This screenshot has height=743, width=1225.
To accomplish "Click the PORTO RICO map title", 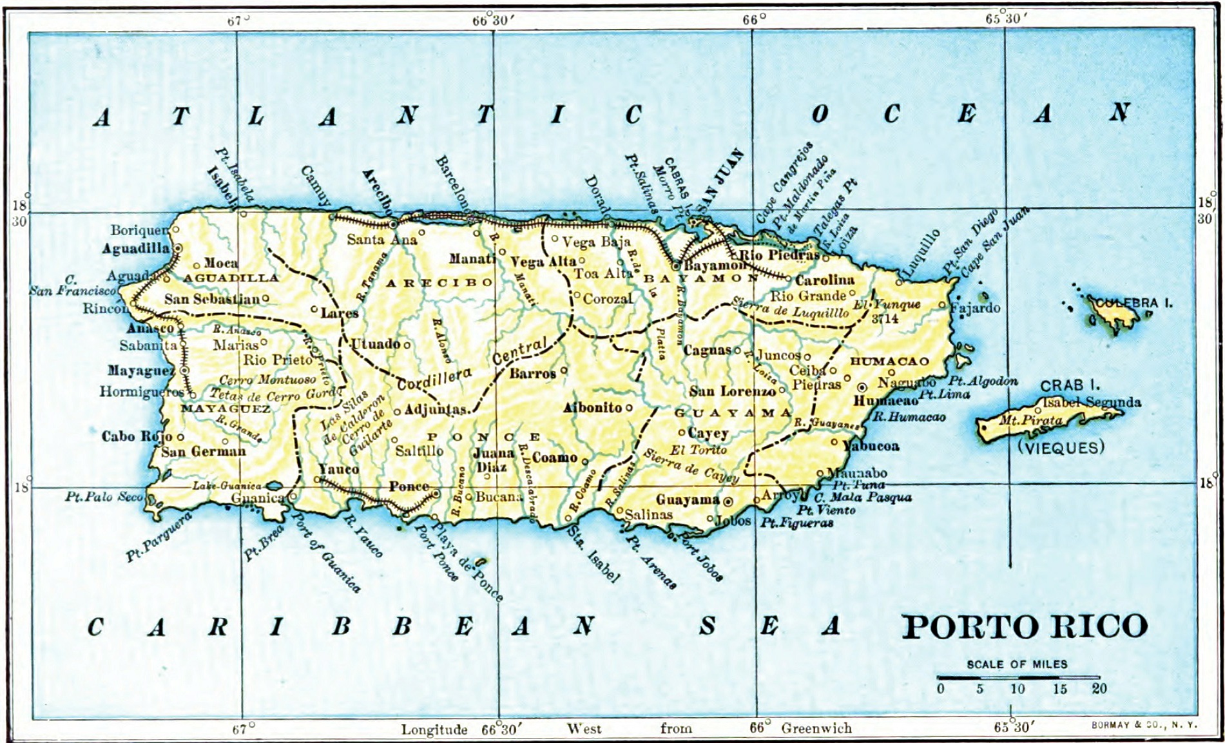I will coord(1024,627).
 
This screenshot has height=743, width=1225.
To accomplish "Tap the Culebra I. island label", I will coord(1133,302).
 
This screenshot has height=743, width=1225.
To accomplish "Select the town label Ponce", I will coord(409,487).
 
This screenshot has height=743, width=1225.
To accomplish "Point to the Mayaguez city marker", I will coord(184,371).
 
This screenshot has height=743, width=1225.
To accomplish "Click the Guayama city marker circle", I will coord(728,501).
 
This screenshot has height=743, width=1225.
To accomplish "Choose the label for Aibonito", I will coord(593,407).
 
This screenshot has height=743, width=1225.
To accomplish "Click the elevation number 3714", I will coord(885,318).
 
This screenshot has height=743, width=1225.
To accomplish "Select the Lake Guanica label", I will coord(227,485).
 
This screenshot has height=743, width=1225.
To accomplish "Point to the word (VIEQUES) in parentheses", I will coord(1060,447).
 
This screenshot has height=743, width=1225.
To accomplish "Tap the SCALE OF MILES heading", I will coord(1017,664).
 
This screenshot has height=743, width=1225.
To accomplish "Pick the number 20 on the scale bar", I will coord(1099,688).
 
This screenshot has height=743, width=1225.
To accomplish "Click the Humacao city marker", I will coord(862,387).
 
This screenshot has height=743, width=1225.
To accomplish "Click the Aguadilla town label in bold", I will coord(136,248).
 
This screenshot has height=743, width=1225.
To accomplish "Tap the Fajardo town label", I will coord(975,307).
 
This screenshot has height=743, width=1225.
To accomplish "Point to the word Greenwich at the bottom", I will coord(816,728).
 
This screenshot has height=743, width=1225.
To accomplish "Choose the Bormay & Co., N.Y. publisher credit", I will coord(1144,725).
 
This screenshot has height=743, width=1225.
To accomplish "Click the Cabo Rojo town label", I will coord(137,436).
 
